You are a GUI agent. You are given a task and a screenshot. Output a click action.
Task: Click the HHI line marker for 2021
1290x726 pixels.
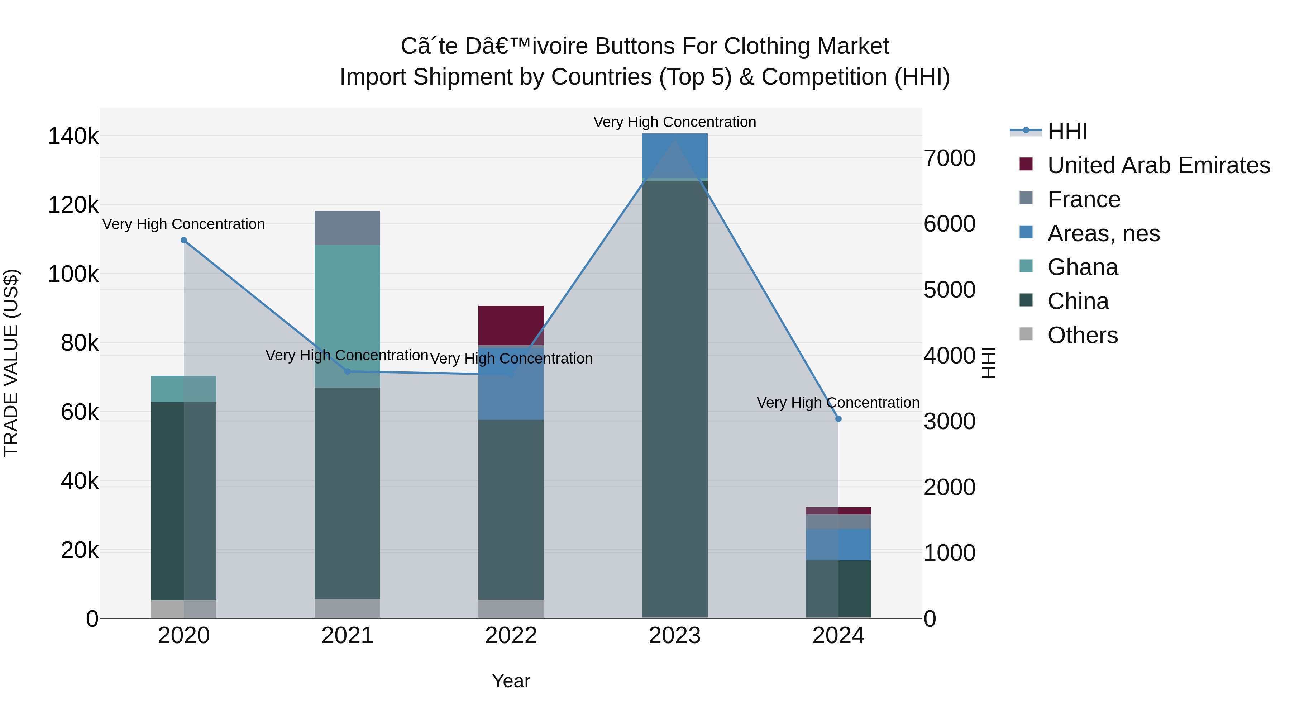tap(348, 371)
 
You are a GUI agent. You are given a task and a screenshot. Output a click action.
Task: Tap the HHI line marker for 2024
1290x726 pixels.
tap(838, 419)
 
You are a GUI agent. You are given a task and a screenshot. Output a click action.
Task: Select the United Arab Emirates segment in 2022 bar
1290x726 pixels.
tap(511, 325)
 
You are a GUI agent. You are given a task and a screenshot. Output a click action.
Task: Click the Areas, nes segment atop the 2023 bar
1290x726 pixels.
tap(674, 155)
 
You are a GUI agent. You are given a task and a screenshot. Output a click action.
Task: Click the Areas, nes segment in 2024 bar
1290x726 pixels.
tap(838, 545)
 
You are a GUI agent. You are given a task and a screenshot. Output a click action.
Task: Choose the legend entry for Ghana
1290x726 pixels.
tap(1082, 267)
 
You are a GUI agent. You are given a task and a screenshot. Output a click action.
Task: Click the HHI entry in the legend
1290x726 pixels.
tap(1067, 131)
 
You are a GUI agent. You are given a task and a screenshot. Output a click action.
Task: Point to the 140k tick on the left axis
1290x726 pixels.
tap(73, 136)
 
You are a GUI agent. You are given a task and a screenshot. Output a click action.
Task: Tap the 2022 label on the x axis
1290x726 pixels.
tap(511, 636)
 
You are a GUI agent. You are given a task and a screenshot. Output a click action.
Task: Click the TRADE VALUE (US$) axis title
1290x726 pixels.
tap(11, 363)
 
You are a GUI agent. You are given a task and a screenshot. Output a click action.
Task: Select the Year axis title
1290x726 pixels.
tap(511, 681)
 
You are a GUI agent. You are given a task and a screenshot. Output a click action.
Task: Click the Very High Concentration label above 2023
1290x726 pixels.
tap(674, 122)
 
